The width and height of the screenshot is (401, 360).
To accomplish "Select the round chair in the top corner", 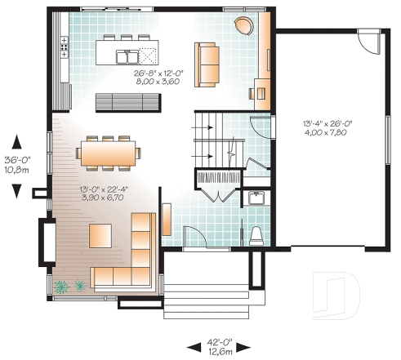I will [243, 26].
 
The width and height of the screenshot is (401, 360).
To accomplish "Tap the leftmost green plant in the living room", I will [61, 287].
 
